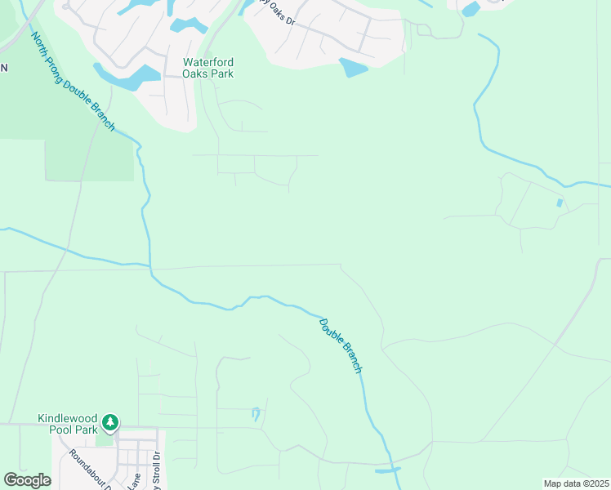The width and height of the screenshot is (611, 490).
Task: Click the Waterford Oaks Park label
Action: point(208,68)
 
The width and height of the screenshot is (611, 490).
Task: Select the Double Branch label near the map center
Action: point(340,345)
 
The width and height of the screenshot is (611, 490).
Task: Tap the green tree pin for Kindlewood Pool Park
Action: point(110,423)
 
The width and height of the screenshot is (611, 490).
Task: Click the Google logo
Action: point(27,480)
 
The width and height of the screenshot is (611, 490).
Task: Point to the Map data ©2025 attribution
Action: point(576,483)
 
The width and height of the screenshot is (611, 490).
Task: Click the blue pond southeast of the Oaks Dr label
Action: point(354,67)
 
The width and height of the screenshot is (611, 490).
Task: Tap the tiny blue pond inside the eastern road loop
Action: point(560,202)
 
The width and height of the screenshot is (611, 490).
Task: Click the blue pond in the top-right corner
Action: point(471,9)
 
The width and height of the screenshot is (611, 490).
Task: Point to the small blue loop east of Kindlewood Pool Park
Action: point(256,413)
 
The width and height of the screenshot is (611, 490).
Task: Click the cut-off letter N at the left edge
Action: point(3,68)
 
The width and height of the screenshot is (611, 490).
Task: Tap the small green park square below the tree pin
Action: point(105,439)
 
